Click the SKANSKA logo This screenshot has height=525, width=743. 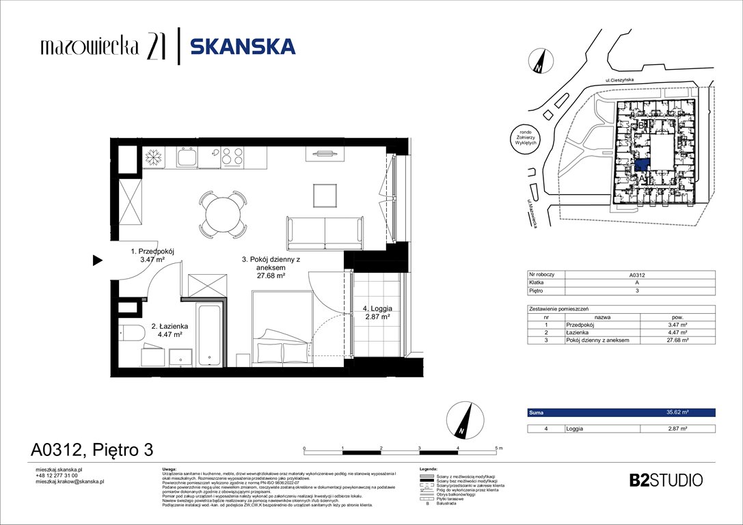pos(243,46)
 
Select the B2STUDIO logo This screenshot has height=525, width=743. pos(665,480)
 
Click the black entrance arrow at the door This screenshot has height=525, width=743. pos(97,260)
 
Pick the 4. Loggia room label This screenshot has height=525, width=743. pos(376,313)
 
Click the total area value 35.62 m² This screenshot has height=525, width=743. pos(677,413)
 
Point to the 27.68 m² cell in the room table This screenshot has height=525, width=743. pos(677,340)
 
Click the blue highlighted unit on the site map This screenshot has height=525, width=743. pos(642,165)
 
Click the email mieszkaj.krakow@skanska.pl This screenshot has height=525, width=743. pos(69,481)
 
